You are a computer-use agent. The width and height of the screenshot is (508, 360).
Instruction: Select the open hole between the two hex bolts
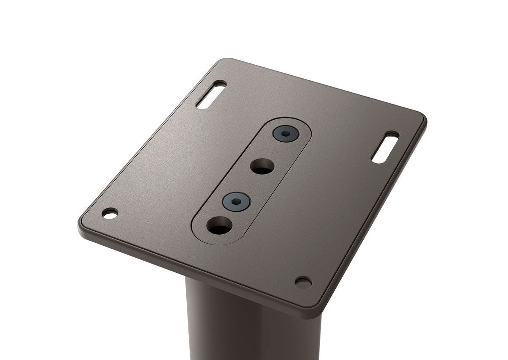262,166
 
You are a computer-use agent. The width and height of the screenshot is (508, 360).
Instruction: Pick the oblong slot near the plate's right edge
385,147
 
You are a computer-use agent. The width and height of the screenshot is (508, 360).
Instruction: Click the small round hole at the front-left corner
110,213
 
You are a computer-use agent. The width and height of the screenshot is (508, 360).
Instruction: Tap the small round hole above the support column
303,282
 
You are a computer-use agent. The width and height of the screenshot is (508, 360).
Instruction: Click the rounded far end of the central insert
296,123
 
